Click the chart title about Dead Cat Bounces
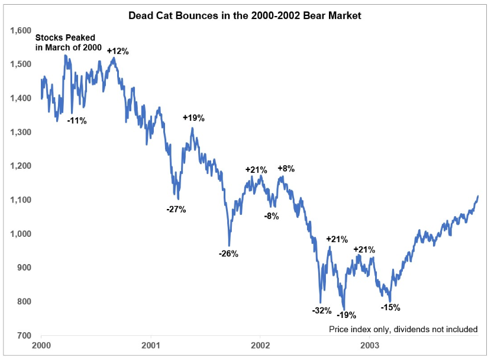[x=245, y=15]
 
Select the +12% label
[x=118, y=51]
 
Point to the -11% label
[x=76, y=121]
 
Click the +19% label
[x=193, y=118]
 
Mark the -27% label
[x=175, y=209]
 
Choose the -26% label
[x=228, y=254]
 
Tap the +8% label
[x=286, y=168]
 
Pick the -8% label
[x=271, y=216]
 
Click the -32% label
[x=322, y=310]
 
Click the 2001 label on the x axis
[x=151, y=344]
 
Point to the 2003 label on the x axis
[x=370, y=344]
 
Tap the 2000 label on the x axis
[x=41, y=344]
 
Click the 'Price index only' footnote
[x=402, y=329]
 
